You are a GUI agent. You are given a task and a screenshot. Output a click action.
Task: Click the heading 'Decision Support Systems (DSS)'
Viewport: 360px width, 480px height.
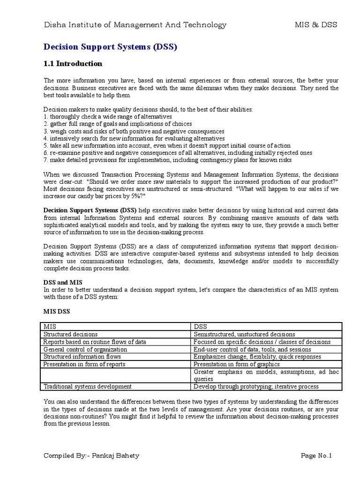pos(111,47)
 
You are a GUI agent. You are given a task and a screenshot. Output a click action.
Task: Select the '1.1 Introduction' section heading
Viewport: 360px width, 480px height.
pos(73,64)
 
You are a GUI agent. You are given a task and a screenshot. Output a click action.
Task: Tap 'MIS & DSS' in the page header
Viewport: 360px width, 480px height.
pos(315,25)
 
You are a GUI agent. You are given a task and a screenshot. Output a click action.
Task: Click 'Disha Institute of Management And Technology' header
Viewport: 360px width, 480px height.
pos(135,25)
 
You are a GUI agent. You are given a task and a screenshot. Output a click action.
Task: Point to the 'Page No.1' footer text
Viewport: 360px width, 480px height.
pos(316,456)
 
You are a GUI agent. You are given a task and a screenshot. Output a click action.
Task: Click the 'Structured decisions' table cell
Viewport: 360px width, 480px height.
pos(71,334)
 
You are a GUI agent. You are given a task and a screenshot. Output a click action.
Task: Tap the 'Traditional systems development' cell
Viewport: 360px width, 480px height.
pos(88,386)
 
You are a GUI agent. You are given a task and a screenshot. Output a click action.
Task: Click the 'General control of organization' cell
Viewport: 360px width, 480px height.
pos(85,349)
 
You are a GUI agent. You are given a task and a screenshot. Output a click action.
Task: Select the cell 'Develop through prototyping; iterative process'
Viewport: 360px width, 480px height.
pos(256,386)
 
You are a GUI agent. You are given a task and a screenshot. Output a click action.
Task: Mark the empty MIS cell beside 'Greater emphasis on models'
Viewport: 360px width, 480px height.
pos(116,375)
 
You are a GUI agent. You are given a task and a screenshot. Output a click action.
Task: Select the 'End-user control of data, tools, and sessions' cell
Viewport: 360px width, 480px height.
pos(252,349)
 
